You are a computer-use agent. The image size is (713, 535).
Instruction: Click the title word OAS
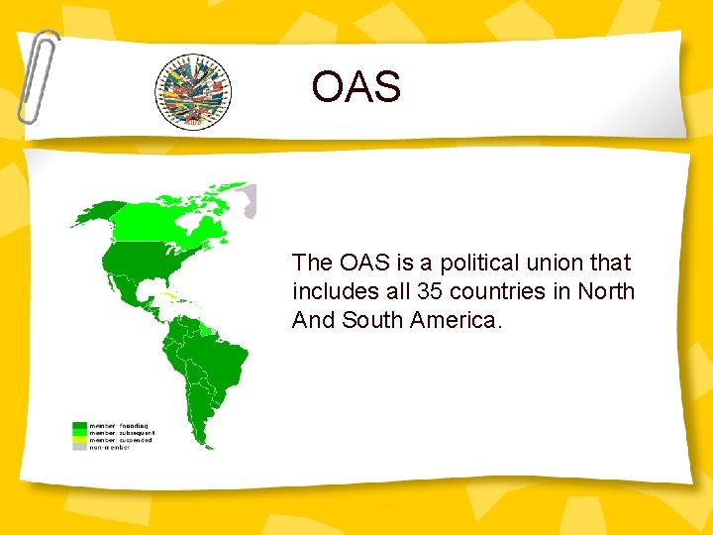coord(356,86)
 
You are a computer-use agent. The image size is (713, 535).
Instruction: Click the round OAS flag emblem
coord(192,92)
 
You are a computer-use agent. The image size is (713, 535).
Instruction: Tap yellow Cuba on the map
coord(174,296)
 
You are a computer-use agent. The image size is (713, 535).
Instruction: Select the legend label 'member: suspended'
coord(120,439)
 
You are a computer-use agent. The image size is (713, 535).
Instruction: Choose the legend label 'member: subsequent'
coord(122,432)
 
